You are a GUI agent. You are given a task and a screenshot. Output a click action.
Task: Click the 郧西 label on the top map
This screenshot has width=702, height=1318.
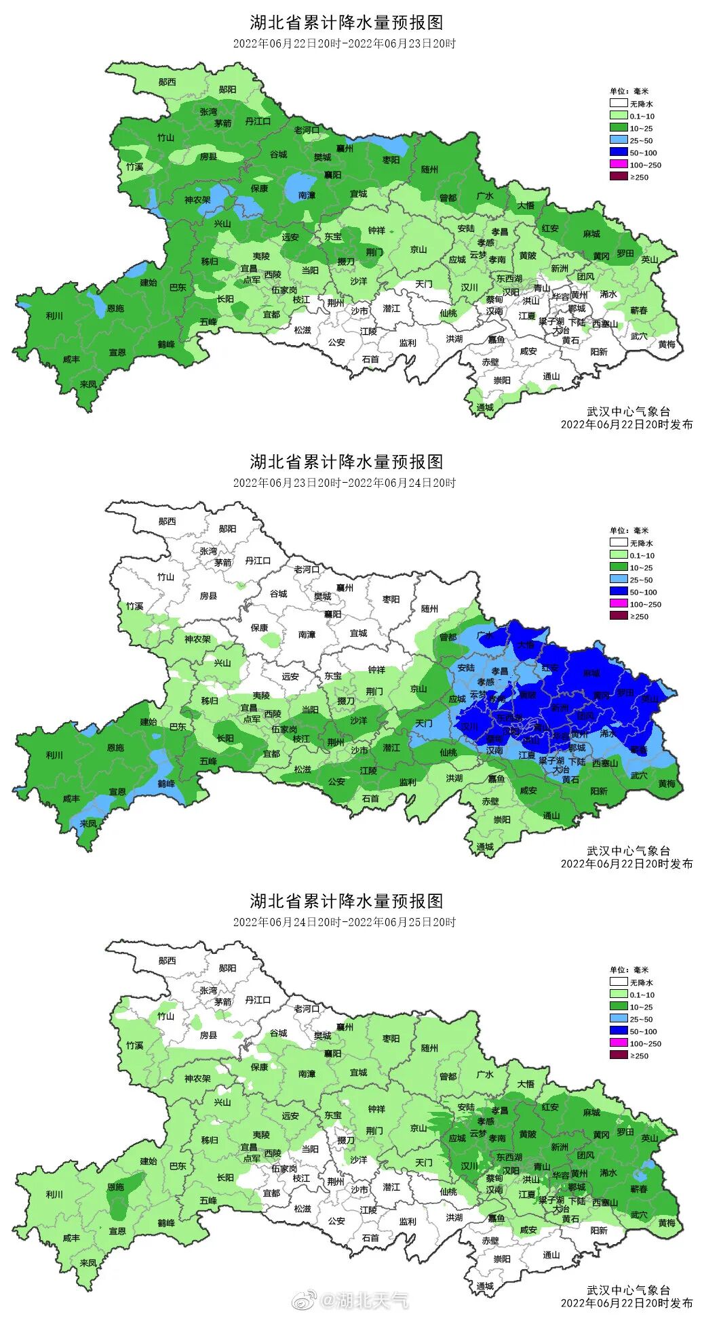click(x=167, y=82)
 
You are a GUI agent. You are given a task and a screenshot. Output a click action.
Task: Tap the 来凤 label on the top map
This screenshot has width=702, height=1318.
click(x=88, y=384)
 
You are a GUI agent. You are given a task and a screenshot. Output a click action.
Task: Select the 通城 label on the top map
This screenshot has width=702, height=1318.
click(x=485, y=407)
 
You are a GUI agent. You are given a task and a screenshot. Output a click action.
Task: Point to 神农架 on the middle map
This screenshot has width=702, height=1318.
click(x=197, y=639)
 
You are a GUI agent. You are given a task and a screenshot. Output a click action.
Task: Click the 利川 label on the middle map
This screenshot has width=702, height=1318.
click(x=54, y=755)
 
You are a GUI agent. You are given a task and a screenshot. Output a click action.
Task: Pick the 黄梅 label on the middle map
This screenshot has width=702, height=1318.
click(x=667, y=784)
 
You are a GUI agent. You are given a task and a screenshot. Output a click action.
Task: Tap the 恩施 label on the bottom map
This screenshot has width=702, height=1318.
click(x=115, y=1187)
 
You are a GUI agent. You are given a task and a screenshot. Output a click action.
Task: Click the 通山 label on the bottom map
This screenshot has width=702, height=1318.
click(x=551, y=1255)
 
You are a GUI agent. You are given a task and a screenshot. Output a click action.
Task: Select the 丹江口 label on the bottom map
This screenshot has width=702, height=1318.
click(x=258, y=1000)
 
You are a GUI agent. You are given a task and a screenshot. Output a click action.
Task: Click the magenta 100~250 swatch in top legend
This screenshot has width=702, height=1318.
click(x=618, y=165)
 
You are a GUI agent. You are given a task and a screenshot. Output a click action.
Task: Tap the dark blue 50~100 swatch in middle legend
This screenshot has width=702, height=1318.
click(x=618, y=592)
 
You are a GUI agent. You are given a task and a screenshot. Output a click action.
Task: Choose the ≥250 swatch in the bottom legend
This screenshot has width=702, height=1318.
click(x=618, y=1056)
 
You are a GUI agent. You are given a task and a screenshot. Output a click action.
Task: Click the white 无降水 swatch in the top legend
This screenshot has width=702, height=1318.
click(x=618, y=104)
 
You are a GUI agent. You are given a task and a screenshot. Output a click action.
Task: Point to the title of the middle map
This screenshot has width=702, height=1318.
click(x=346, y=462)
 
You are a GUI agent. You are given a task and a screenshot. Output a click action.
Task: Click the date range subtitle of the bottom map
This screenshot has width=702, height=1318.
click(x=345, y=922)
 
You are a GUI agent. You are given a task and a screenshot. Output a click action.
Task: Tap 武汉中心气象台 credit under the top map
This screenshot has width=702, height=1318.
click(x=628, y=412)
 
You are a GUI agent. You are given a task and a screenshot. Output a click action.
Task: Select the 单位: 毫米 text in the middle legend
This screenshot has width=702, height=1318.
click(x=629, y=531)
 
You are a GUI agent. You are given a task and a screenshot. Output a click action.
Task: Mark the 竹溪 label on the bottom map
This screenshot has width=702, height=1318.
click(x=134, y=1045)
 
